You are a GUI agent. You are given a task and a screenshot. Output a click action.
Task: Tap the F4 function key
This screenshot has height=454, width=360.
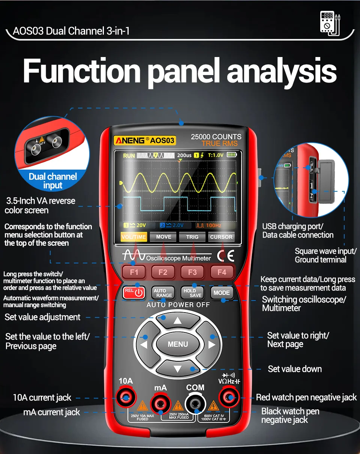[222, 272]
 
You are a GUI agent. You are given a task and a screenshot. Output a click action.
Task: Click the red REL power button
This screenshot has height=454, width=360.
[134, 293]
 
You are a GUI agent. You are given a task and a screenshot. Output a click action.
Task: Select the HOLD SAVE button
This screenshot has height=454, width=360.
[192, 293]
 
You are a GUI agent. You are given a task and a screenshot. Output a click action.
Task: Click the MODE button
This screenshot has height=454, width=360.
[221, 293]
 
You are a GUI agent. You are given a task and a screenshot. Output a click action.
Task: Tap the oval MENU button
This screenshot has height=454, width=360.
[178, 344]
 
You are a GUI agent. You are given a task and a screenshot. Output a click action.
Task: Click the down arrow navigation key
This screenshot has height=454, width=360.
[178, 368]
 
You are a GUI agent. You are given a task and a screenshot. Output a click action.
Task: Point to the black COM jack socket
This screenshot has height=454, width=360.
[195, 404]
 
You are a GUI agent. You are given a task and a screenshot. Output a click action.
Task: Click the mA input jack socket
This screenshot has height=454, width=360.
[160, 404]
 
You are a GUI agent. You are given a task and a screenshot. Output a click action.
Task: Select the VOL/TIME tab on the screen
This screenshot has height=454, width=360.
[134, 237]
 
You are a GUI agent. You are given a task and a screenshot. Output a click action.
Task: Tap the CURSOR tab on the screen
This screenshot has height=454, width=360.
[221, 237]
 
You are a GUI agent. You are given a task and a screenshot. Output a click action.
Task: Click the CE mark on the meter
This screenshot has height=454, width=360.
[225, 256]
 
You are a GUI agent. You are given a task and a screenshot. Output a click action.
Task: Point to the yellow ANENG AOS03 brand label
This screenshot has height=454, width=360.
[145, 141]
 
